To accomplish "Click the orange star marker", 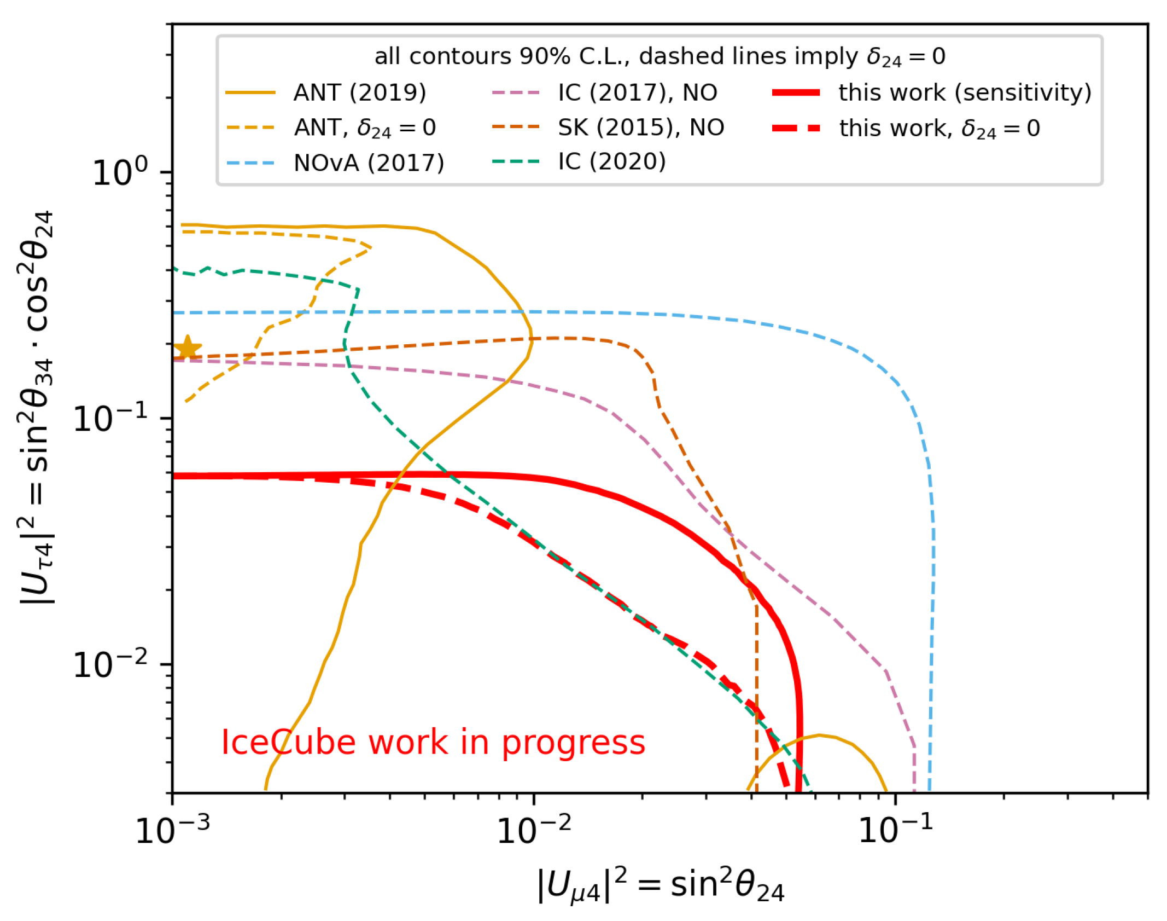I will click(187, 347).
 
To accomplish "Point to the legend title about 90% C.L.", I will click(660, 56).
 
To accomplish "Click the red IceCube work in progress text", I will click(433, 742).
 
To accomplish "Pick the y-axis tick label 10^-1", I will click(110, 419).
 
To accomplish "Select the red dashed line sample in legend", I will click(796, 128).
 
